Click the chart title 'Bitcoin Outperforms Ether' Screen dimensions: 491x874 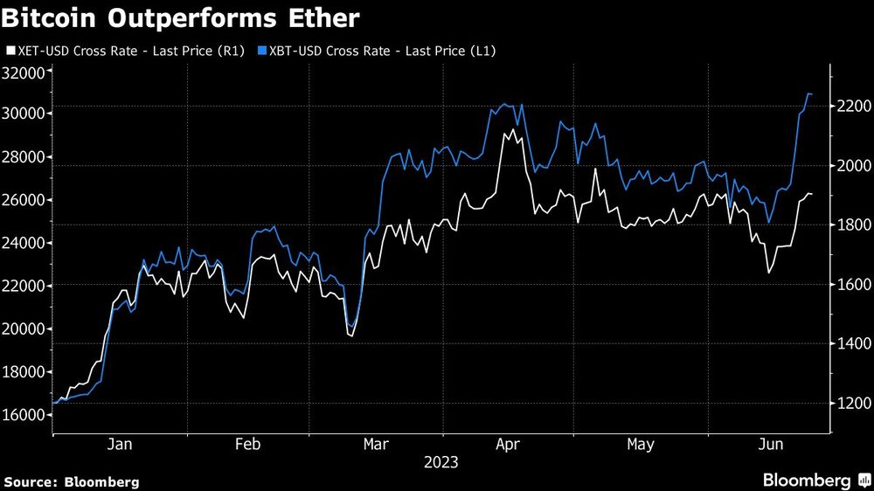tap(181, 17)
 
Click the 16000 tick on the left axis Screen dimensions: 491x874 tap(24, 415)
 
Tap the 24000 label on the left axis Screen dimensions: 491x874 tap(24, 243)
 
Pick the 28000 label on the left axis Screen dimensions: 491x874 tap(24, 157)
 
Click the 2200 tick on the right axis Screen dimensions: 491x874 tap(849, 106)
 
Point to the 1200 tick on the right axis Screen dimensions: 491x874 tap(849, 404)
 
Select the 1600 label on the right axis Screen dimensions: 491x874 tap(849, 285)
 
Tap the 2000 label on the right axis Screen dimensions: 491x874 tap(849, 166)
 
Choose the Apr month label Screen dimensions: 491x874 tap(508, 445)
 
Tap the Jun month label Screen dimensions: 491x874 tap(768, 445)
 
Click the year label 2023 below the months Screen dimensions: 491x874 tap(440, 462)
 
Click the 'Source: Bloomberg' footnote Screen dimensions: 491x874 tap(72, 481)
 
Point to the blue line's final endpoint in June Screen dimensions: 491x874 tap(811, 93)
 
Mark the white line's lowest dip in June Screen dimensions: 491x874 tap(769, 273)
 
